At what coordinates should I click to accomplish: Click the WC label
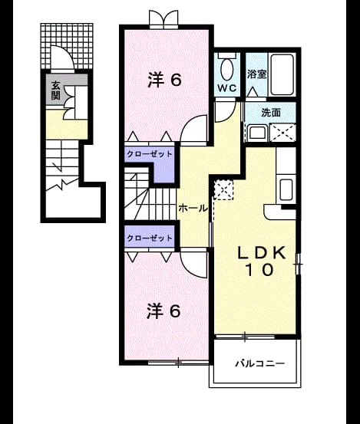227,88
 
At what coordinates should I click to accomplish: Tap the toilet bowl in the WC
227,70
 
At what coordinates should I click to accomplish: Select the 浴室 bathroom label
256,74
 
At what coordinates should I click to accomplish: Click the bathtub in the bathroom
282,75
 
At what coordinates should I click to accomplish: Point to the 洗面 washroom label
271,113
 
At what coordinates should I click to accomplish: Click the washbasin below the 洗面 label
258,133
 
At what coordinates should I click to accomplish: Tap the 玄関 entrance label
55,91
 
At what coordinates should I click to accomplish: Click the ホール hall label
193,209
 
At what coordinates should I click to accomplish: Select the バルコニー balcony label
259,363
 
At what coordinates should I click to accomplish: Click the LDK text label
262,253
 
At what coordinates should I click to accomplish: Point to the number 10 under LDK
259,270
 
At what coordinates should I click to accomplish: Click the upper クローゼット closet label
149,154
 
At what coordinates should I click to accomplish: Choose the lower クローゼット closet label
149,238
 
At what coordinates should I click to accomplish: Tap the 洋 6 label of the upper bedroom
164,80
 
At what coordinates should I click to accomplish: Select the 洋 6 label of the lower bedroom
163,311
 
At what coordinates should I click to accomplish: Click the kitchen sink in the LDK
286,189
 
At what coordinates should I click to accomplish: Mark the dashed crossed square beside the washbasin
282,133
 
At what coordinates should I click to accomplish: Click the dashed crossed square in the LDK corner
223,190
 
